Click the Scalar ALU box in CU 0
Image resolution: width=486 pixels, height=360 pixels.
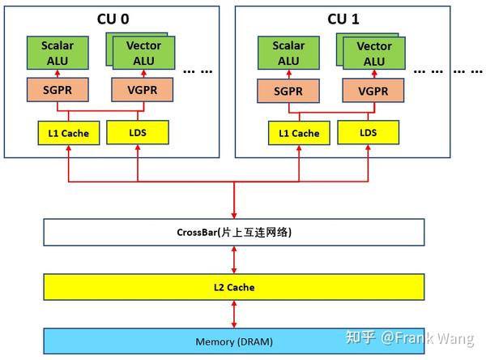(x=58, y=53)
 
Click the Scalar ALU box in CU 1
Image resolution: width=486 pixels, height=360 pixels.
(x=288, y=53)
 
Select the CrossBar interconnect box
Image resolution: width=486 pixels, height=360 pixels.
(x=233, y=233)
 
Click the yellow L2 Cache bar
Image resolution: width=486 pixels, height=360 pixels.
(x=233, y=286)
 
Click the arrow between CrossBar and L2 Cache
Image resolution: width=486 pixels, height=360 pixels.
(x=233, y=259)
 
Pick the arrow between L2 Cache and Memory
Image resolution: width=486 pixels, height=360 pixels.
(x=233, y=313)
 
